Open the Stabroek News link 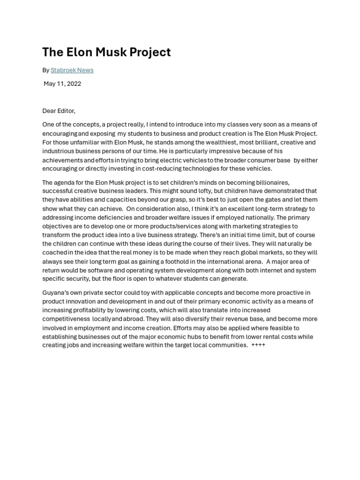pos(72,70)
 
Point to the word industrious pos(58,151)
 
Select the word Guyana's pos(55,293)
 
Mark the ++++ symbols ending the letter pos(258,345)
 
